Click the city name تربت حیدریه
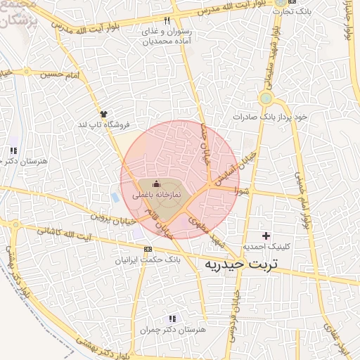(x=240, y=264)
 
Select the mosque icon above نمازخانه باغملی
(x=155, y=184)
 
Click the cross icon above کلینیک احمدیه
(x=265, y=236)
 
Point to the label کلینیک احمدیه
(x=264, y=247)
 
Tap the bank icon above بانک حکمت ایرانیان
(x=148, y=249)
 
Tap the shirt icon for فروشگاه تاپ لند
(x=103, y=113)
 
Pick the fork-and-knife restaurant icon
(x=167, y=20)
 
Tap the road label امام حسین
(x=57, y=72)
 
